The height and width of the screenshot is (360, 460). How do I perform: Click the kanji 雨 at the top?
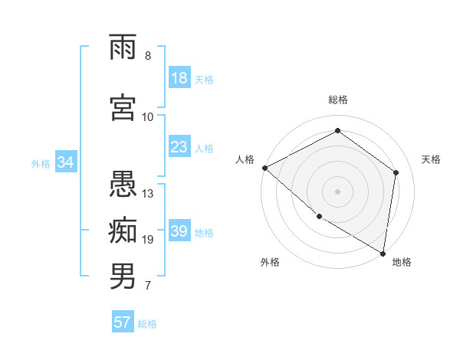point(123,47)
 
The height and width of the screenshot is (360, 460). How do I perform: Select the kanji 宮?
point(123,107)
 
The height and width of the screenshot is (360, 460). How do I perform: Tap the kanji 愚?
point(123,184)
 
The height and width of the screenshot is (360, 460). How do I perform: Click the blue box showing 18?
point(179,78)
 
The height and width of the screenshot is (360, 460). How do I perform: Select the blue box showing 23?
point(179,147)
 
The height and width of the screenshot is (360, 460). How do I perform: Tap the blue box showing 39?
point(179,231)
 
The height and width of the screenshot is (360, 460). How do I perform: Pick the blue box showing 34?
point(66,162)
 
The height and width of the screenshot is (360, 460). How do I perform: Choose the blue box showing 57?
point(123,322)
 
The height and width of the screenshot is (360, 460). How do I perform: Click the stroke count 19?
point(148,240)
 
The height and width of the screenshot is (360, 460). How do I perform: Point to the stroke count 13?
point(148,194)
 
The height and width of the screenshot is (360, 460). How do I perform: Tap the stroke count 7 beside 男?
point(148,286)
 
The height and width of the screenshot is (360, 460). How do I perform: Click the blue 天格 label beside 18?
point(204,79)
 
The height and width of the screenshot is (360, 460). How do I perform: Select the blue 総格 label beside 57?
point(147,324)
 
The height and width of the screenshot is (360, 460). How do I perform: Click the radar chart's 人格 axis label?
point(245,159)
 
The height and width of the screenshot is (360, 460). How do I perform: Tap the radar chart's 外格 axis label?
point(270,263)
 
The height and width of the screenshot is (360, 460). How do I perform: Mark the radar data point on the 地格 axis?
point(383,253)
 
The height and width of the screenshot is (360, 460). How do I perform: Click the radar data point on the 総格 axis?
point(337,130)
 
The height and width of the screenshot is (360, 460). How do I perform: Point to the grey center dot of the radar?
point(337,191)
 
